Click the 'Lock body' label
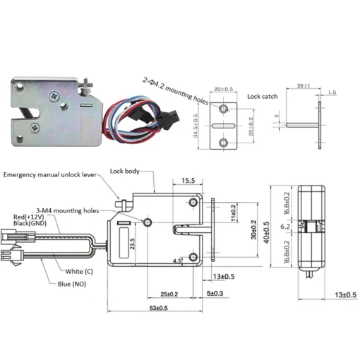[x=126, y=172]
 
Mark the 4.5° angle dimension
[x=175, y=260]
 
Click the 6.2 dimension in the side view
[x=284, y=227]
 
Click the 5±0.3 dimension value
[x=214, y=293]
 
